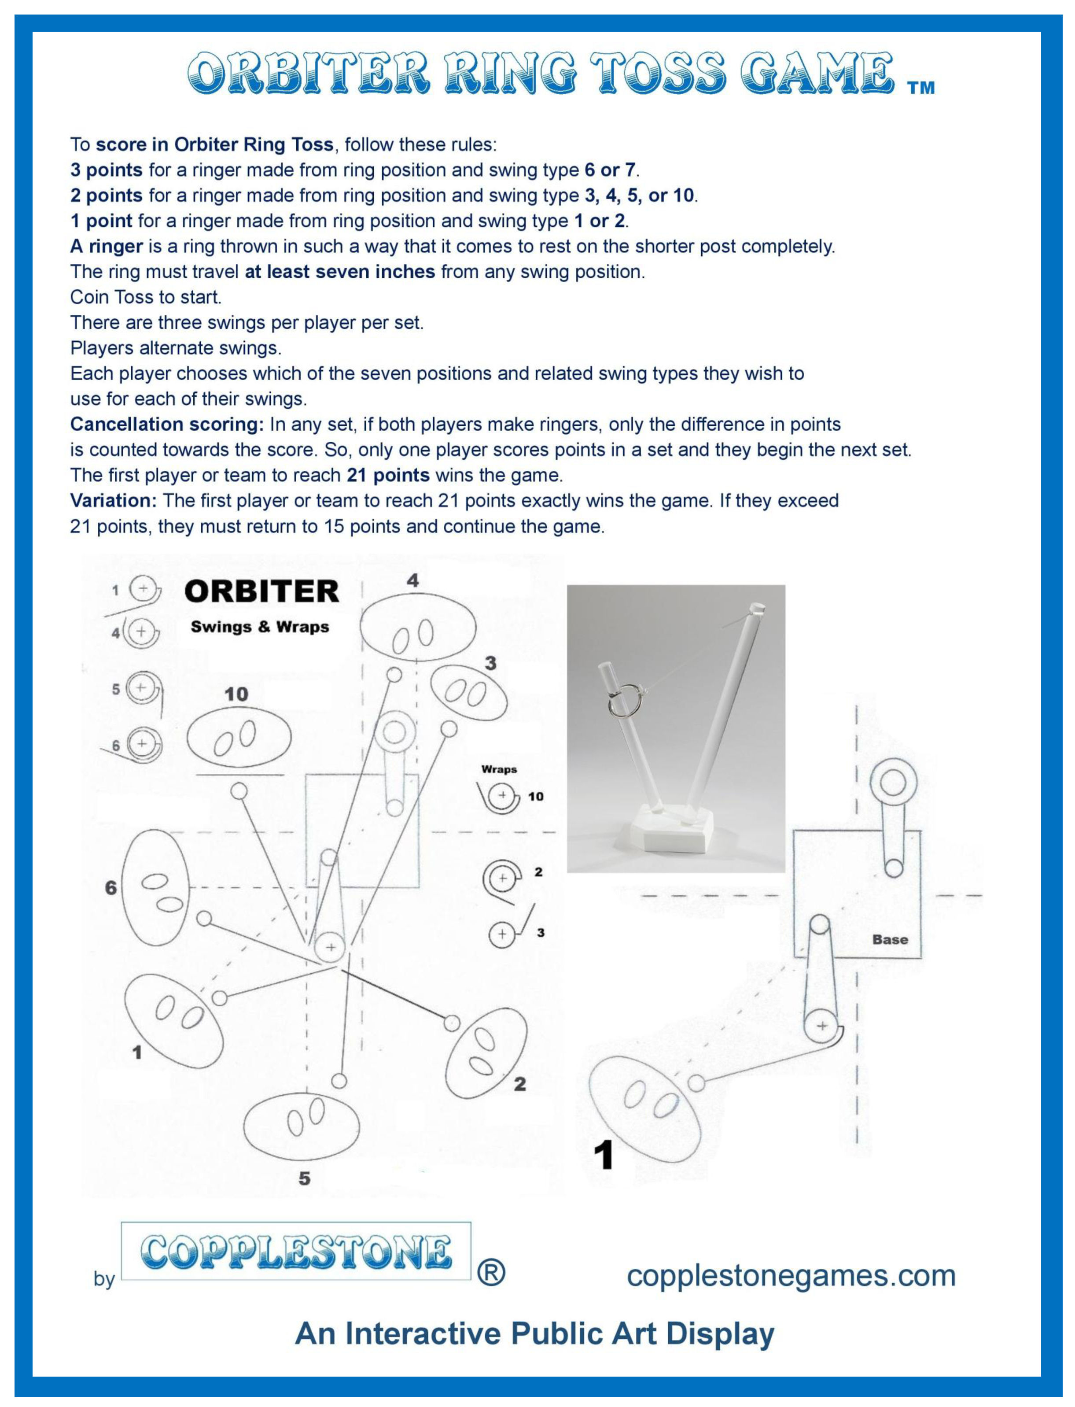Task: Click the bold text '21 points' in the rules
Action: (388, 475)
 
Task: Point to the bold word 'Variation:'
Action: (113, 501)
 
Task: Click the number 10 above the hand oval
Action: (236, 694)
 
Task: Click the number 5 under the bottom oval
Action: (305, 1178)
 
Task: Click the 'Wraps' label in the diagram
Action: (499, 769)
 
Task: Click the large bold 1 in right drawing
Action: (604, 1156)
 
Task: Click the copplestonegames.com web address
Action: (791, 1275)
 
